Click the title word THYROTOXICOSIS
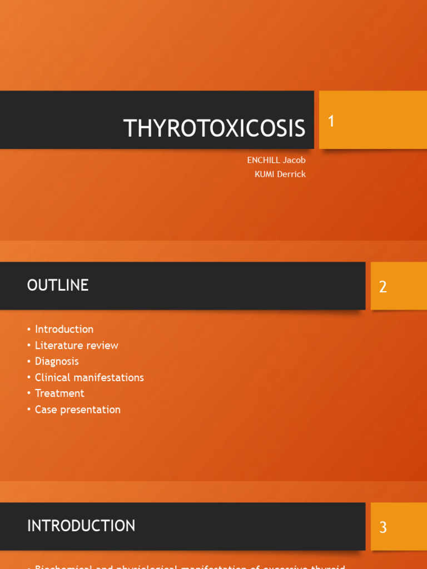click(x=215, y=128)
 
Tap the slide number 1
click(x=331, y=121)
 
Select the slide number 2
click(x=383, y=287)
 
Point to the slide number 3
click(x=383, y=527)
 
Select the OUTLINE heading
click(x=58, y=285)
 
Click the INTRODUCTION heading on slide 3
click(x=81, y=526)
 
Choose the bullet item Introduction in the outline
click(x=64, y=329)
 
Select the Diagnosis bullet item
click(x=57, y=361)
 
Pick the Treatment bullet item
click(x=59, y=393)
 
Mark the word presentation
click(x=90, y=410)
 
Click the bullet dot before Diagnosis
click(x=29, y=362)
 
